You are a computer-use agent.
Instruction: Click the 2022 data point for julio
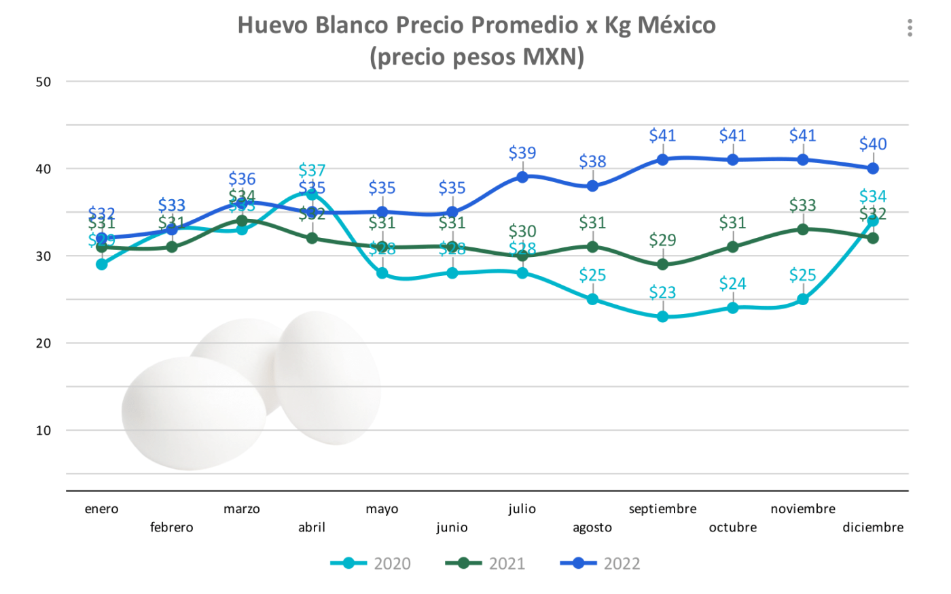coord(522,177)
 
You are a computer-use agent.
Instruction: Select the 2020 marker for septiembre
coord(662,316)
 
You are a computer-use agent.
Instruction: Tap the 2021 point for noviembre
coord(803,229)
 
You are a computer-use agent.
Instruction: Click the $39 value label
coord(522,153)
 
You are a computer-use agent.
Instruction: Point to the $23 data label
coord(662,292)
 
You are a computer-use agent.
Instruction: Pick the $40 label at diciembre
coord(873,144)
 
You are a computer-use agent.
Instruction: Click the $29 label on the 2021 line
coord(662,240)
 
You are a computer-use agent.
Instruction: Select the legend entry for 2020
coord(371,563)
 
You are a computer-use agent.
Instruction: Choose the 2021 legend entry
coord(485,563)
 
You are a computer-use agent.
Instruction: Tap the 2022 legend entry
coord(600,563)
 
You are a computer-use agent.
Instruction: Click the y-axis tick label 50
coord(43,82)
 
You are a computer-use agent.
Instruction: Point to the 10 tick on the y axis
coord(43,430)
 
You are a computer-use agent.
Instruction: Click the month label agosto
coord(592,527)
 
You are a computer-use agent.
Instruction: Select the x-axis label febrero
coord(172,527)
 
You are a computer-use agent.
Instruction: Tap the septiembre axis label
coord(662,509)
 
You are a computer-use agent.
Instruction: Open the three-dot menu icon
coord(910,28)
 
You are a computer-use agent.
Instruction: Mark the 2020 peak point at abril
coord(312,195)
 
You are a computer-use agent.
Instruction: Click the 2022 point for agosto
coord(592,186)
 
